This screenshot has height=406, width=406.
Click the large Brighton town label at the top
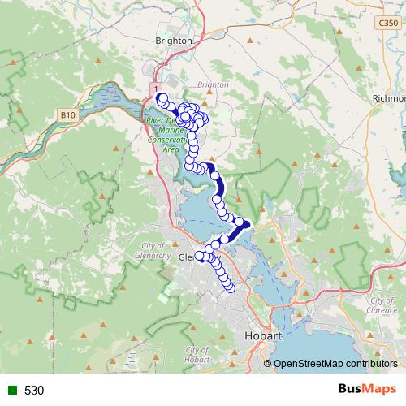[174, 40]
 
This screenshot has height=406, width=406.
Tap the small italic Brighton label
[213, 84]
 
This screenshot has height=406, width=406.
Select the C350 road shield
[388, 24]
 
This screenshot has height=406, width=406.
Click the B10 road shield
[68, 117]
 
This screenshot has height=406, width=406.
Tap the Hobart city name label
[263, 335]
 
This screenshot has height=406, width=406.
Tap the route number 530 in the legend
[34, 391]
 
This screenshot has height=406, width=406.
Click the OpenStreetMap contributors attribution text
[335, 364]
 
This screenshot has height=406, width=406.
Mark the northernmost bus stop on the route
[162, 99]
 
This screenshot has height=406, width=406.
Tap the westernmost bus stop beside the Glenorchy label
[200, 256]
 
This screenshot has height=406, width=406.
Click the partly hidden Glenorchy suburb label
[185, 257]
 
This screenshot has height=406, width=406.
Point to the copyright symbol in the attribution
[268, 364]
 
